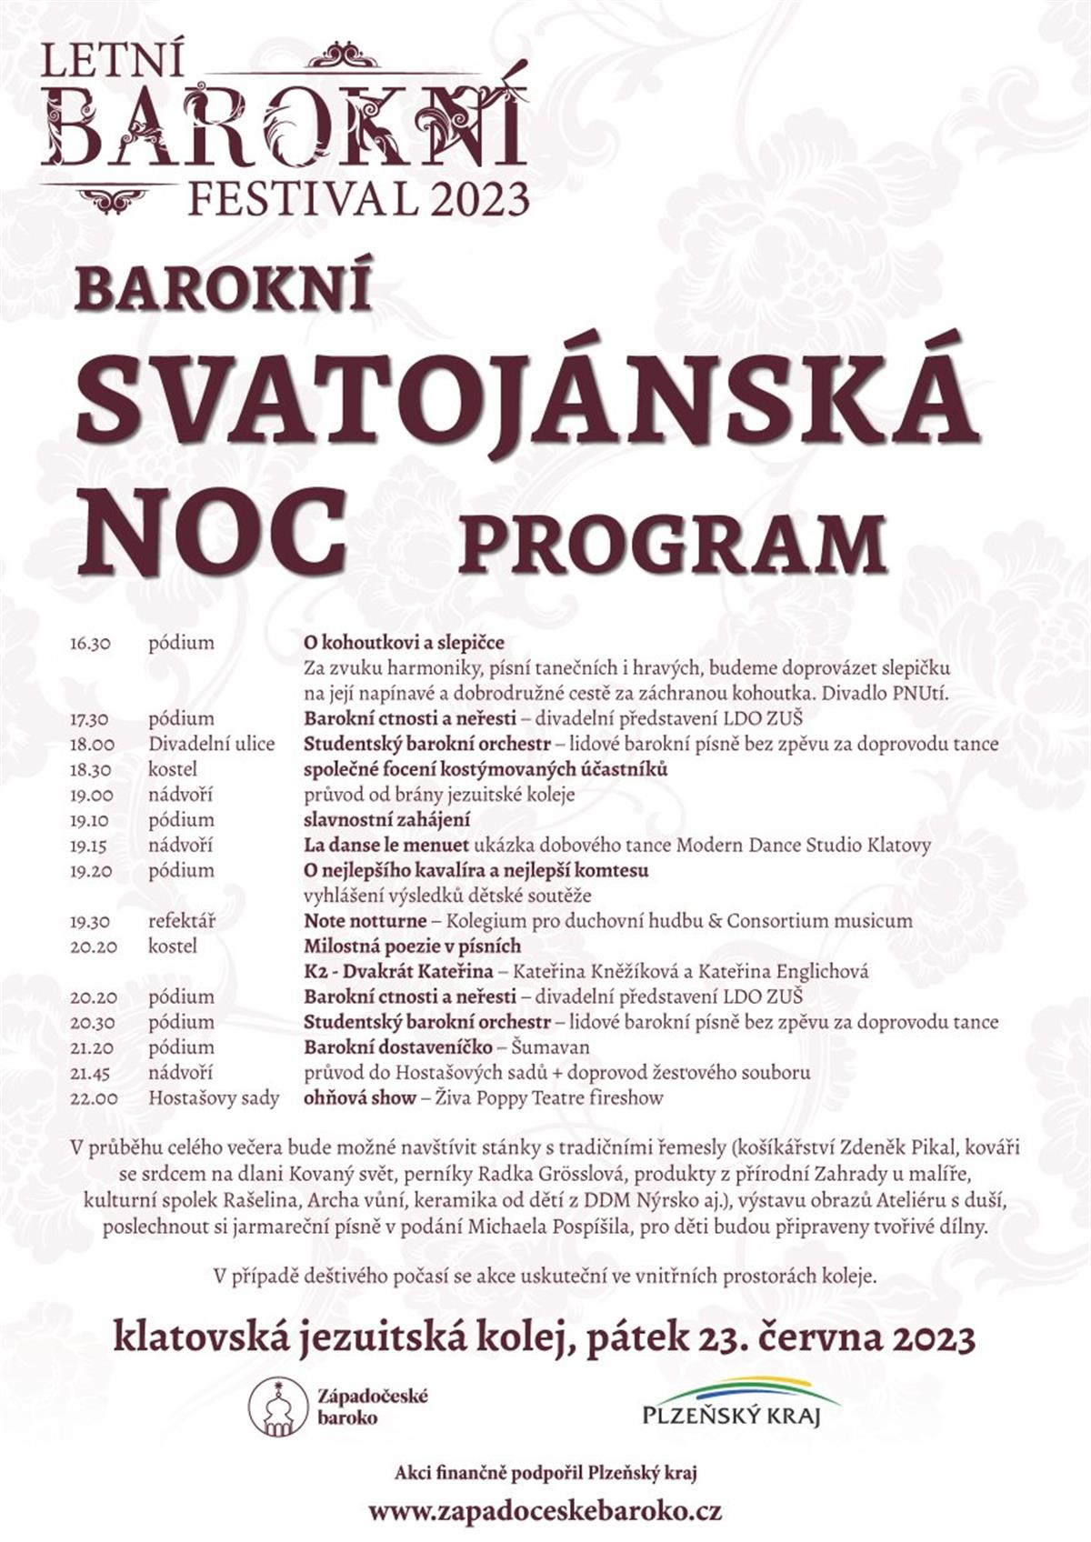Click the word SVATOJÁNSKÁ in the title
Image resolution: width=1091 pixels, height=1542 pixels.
pos(527,398)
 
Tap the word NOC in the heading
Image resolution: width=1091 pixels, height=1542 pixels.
pos(212,533)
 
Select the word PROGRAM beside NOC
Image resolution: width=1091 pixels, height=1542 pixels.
pos(673,543)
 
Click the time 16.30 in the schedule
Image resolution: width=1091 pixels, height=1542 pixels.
pos(90,644)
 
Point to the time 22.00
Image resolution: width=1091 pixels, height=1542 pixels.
pos(93,1098)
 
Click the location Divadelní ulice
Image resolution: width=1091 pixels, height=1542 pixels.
pos(211,745)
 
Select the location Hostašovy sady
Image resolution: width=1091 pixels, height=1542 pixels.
pos(214,1098)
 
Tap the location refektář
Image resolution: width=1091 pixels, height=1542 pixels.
pos(182,921)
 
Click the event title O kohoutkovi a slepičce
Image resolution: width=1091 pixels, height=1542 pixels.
pos(404,644)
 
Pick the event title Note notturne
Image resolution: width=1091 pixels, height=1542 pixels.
pos(365,921)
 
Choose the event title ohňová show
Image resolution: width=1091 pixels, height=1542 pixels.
pos(359,1098)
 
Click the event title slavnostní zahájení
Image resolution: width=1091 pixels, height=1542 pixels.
pos(386,820)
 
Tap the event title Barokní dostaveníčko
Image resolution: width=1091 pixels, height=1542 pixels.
pos(397,1047)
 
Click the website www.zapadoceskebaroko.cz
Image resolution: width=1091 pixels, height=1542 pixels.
pos(545,1511)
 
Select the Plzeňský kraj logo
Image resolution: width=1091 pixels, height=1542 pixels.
pos(739,1404)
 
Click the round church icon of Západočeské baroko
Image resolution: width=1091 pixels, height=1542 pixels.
pos(278,1407)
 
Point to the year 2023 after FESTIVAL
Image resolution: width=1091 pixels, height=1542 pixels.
pos(480,198)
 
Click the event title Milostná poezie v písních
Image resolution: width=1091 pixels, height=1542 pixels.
pos(412,946)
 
